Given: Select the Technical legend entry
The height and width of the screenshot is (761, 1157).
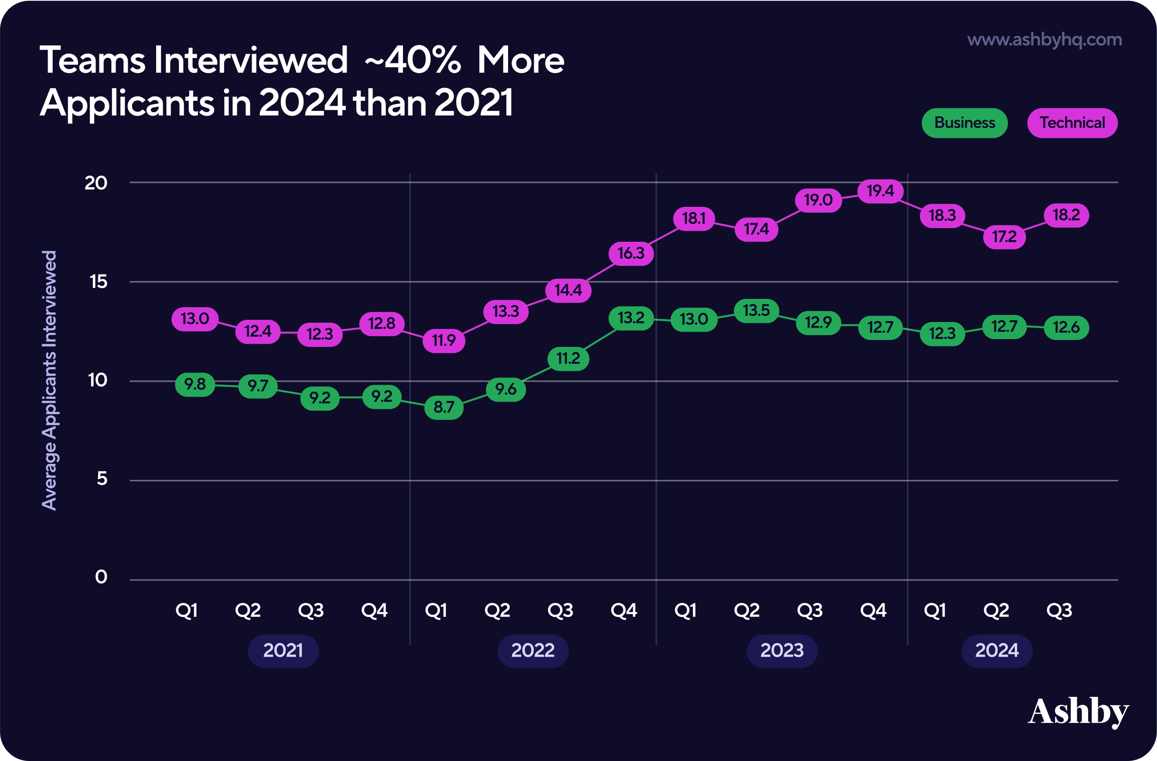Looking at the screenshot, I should pos(1072,123).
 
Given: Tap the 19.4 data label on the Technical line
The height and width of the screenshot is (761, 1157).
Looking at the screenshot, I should pos(881,191).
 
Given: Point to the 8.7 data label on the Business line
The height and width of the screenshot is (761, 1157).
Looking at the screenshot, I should pos(444,407).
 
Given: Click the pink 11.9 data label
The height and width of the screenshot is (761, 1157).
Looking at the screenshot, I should pos(444,340).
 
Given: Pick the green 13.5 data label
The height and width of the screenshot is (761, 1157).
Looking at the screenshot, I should pos(756,311).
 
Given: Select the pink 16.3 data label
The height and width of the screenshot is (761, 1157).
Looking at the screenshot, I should pos(631,254).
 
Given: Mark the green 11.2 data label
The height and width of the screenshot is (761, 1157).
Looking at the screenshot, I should pos(568,359).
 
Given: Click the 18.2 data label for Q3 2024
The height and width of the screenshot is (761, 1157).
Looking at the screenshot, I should pos(1066,215).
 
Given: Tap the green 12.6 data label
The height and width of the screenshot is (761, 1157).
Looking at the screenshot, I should pos(1066,327).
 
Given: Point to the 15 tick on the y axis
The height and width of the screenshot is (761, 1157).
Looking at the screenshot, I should pos(98,281).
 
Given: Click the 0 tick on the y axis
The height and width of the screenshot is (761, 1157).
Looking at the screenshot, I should pos(101,577).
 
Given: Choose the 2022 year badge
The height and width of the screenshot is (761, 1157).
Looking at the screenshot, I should pos(533,651).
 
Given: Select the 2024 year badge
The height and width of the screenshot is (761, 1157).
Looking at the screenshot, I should pos(997,651).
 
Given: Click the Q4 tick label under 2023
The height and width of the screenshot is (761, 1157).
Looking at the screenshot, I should pos(873,610).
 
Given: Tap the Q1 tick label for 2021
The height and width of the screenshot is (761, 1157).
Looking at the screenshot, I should pos(187,610).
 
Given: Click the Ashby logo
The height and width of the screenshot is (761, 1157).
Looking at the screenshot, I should pos(1078,713).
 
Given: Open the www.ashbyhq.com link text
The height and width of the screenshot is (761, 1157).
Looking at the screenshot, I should pos(1044,39).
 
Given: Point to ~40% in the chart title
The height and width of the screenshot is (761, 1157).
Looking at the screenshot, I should pos(412,61).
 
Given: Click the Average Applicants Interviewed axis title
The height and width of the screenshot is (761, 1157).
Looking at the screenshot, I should pos(49,380).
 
